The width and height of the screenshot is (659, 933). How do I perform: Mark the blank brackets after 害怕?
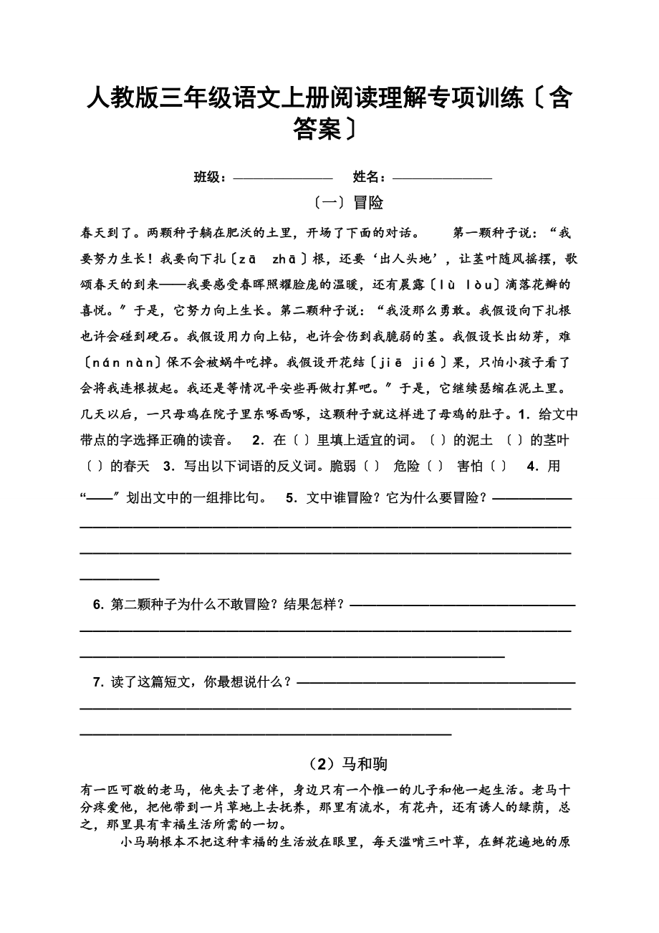pos(499,466)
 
